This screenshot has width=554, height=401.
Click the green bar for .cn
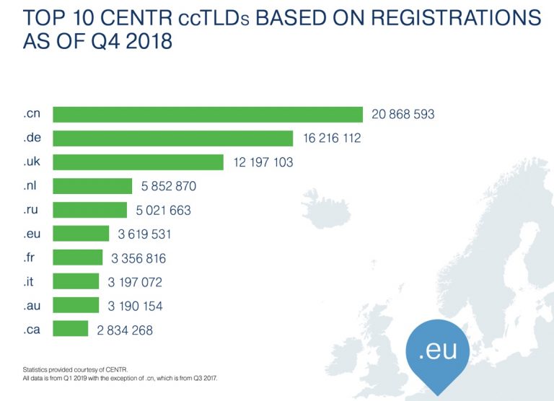(x=208, y=115)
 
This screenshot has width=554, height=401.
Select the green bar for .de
(x=173, y=138)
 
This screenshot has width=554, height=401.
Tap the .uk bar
(x=138, y=162)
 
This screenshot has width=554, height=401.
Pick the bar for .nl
(x=93, y=186)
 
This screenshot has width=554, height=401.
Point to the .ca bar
(x=71, y=329)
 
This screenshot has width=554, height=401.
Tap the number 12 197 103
(x=263, y=162)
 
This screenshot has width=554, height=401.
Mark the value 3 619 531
(x=141, y=234)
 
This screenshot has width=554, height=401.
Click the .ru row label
(x=30, y=210)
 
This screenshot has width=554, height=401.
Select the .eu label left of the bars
(x=31, y=234)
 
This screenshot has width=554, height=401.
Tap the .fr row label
(x=28, y=257)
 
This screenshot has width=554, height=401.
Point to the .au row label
(x=30, y=305)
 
